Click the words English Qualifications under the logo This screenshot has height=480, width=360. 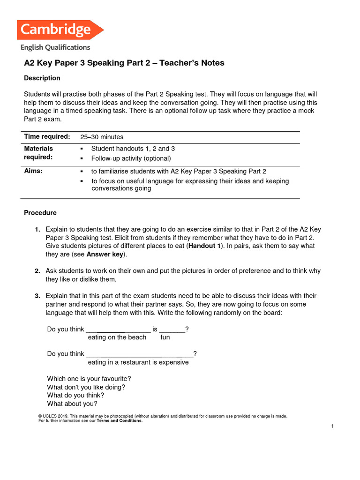pyautogui.click(x=55, y=47)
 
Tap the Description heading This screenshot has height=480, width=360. pyautogui.click(x=42, y=78)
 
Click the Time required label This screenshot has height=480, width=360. pyautogui.click(x=47, y=136)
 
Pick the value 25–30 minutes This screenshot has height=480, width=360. pyautogui.click(x=102, y=137)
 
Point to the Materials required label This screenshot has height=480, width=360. pyautogui.click(x=38, y=153)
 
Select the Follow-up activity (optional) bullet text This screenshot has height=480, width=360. pyautogui.click(x=131, y=158)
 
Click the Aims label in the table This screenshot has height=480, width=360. pyautogui.click(x=33, y=171)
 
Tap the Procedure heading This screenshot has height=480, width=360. pyautogui.click(x=40, y=213)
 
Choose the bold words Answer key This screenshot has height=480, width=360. pyautogui.click(x=105, y=255)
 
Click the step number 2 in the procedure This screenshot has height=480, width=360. pyautogui.click(x=37, y=271)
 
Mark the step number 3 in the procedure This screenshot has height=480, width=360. pyautogui.click(x=37, y=296)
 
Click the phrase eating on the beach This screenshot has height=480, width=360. pyautogui.click(x=117, y=337)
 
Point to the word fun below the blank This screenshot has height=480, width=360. pyautogui.click(x=165, y=337)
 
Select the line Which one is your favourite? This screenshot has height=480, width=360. pyautogui.click(x=89, y=379)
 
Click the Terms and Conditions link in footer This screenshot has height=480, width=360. pyautogui.click(x=119, y=421)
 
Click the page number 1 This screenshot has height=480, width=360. pyautogui.click(x=332, y=426)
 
